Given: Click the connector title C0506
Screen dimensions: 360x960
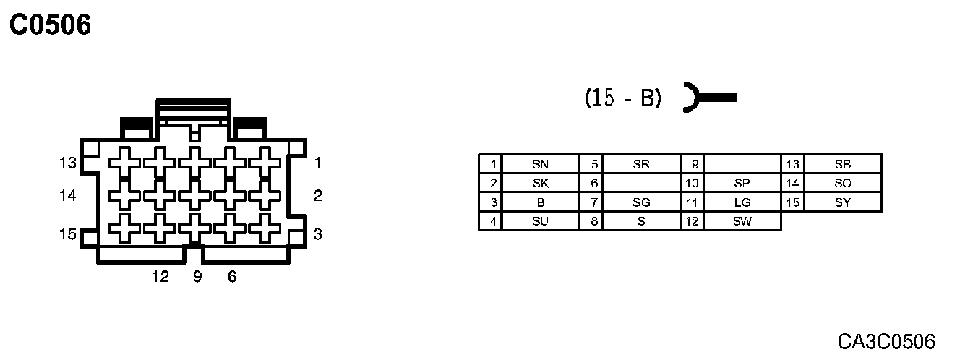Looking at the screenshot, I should tap(50, 26).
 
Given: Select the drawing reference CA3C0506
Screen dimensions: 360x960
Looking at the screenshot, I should tap(886, 341).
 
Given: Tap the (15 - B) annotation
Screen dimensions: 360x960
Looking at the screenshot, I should tap(622, 98).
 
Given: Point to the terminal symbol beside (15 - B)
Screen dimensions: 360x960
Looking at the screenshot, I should tap(708, 97).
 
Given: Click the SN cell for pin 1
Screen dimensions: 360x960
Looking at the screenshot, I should tap(540, 164).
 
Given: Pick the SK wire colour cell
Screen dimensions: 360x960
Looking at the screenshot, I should tap(540, 184).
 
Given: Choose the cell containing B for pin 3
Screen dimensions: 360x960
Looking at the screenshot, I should tap(540, 203).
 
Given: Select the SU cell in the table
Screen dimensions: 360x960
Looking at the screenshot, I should tap(540, 222).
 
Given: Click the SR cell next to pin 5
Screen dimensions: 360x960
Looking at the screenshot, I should tap(641, 164).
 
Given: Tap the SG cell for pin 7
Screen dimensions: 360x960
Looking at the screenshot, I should tap(641, 203).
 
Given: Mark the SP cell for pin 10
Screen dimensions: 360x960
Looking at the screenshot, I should tap(742, 184).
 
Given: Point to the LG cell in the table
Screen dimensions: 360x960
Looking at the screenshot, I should tap(742, 203).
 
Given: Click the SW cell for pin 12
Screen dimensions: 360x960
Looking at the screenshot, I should tap(742, 222).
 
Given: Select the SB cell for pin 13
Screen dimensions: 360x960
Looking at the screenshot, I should tap(843, 164).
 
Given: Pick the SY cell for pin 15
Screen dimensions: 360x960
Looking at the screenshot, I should tap(843, 203).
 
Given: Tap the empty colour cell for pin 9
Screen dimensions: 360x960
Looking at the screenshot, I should tap(742, 164).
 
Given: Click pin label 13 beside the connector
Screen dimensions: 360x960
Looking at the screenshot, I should tap(68, 163).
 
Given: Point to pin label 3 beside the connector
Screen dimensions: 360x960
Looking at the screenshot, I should tap(317, 234).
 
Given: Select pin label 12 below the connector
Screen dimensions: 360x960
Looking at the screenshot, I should tap(160, 277).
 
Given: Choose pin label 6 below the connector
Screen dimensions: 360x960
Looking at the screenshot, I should tap(232, 277).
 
